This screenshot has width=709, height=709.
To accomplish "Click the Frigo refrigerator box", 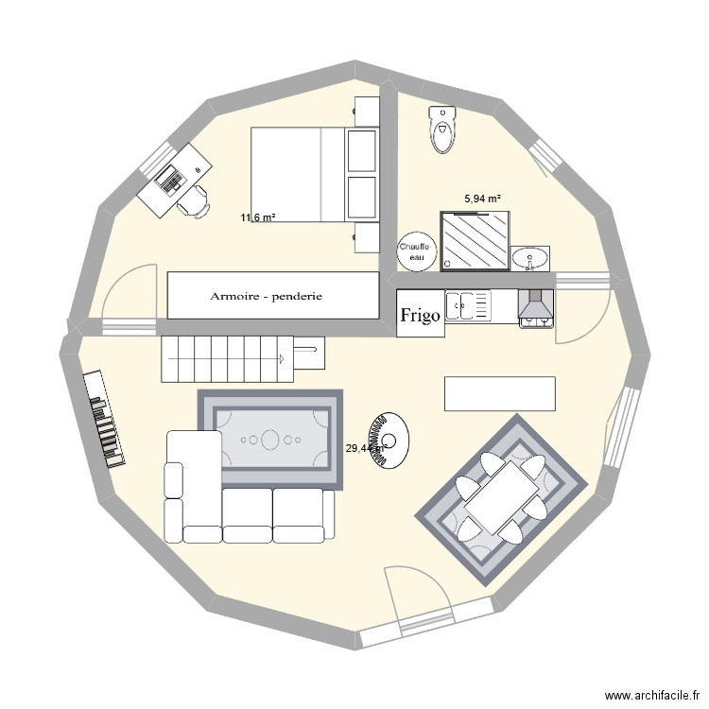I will (420, 315).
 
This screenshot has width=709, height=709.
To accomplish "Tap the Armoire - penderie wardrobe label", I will (267, 296).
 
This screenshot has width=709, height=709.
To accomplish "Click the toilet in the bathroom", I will (441, 130).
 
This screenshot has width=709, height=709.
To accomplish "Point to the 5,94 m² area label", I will (482, 199).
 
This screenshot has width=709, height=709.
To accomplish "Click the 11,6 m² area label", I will (257, 217).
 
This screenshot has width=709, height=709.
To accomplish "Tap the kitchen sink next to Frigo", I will (469, 306).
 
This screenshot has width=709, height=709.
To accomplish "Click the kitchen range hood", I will (536, 306).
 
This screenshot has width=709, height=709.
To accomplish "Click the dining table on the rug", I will (502, 496).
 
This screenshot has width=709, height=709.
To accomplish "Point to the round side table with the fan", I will (389, 441).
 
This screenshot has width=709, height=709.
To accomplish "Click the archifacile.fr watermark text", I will (639, 692).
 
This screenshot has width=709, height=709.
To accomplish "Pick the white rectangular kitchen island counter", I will (500, 394).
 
